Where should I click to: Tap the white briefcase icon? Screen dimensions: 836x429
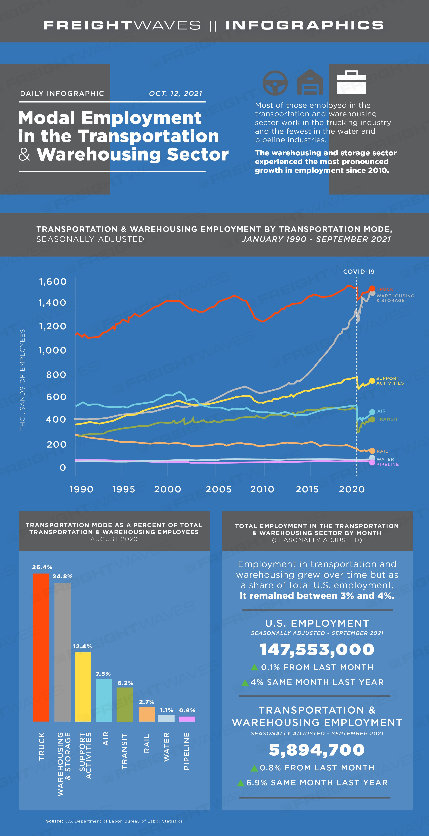point(351,82)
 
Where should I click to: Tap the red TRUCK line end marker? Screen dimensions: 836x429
point(372,288)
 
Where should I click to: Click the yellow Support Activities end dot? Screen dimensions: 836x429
point(372,381)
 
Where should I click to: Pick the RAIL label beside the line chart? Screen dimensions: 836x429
point(382,451)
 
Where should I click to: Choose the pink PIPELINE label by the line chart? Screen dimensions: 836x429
point(388,464)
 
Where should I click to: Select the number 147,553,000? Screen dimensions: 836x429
point(317,649)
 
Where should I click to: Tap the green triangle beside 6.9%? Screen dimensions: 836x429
point(240,783)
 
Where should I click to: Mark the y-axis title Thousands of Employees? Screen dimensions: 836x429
point(22,380)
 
